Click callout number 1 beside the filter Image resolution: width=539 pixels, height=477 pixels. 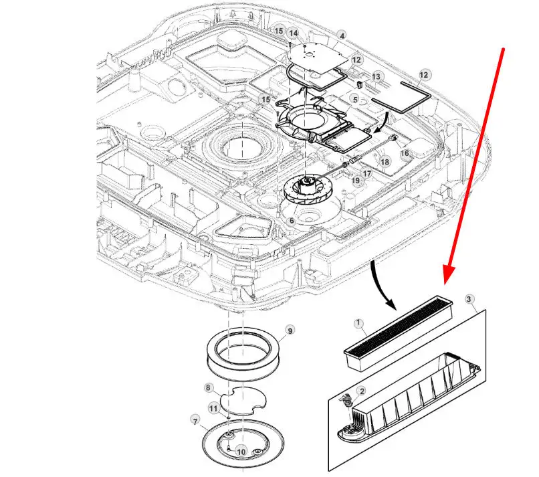pos(358,324)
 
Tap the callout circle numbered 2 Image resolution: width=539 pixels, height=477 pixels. pos(362,391)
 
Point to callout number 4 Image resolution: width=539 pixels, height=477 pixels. pos(342,35)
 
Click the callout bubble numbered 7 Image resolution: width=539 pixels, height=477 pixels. pos(195,421)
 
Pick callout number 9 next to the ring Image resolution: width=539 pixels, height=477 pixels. pos(290,330)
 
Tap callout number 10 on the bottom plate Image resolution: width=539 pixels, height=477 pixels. pos(241,452)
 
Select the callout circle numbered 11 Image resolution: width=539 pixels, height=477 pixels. pos(213,407)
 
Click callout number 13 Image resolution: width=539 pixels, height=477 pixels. pos(376,78)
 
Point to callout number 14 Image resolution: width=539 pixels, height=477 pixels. pos(293,33)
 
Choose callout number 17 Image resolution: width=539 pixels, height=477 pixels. pos(367,174)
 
